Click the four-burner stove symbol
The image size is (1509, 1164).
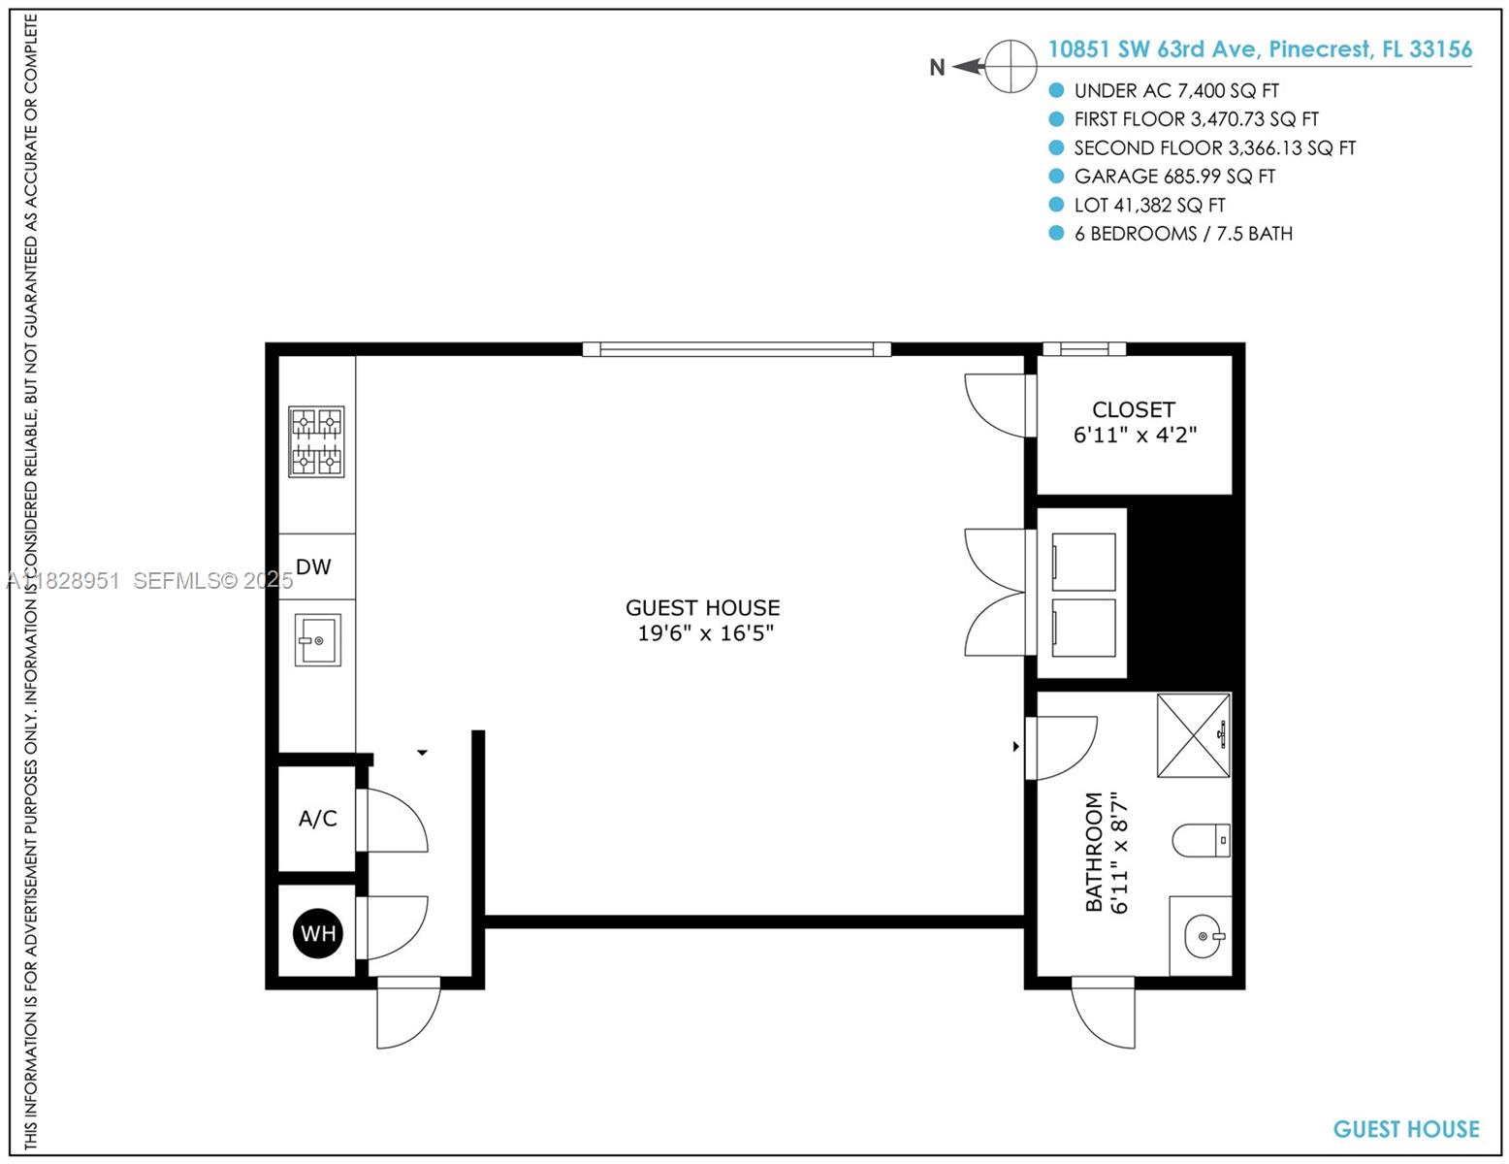point(316,441)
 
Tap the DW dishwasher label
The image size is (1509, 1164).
point(313,566)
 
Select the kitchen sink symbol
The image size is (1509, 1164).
point(318,640)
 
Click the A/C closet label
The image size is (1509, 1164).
point(317,819)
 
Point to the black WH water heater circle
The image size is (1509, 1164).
point(318,933)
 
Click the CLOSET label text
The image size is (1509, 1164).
point(1133,409)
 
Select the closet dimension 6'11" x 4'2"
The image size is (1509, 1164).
point(1135,436)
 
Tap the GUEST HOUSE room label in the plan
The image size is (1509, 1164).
point(702,608)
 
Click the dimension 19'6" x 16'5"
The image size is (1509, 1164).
point(705,633)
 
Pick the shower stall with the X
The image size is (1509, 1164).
point(1194,735)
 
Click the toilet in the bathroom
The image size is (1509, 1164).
point(1201,840)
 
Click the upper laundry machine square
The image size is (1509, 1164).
point(1083,562)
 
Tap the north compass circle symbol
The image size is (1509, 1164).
point(1011,67)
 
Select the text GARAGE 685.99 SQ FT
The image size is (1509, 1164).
point(1174,177)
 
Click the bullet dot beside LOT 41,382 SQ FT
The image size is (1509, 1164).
point(1056,205)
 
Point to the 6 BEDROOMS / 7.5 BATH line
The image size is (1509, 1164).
point(1183,234)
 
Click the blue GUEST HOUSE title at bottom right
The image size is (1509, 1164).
point(1405,1129)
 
